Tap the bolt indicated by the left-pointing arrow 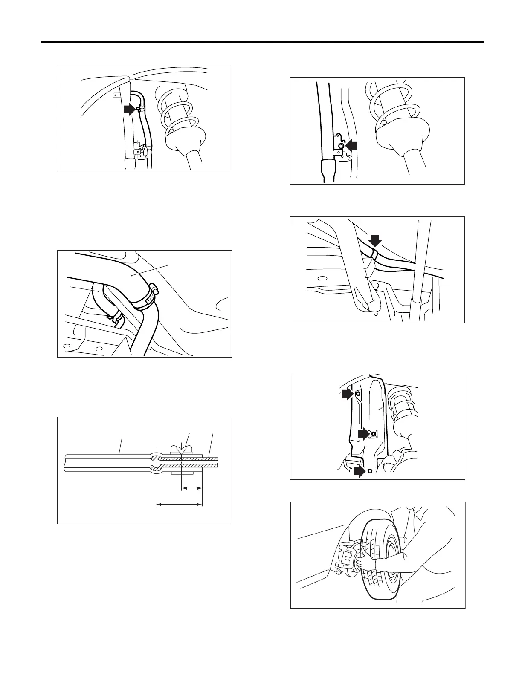tap(341, 146)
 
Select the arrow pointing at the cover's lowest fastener tap(360, 472)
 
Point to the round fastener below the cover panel tap(370, 471)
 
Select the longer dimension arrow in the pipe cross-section tap(179, 505)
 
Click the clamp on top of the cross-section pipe tap(182, 449)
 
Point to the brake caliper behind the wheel tap(345, 561)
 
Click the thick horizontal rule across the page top tap(262, 42)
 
